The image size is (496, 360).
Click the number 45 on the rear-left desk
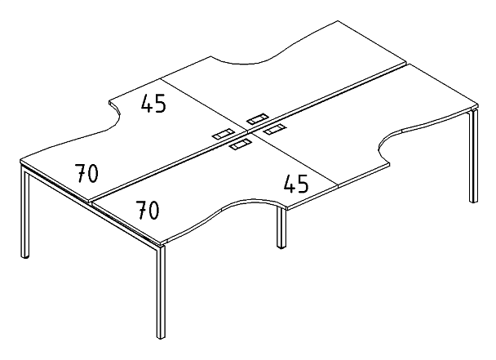coord(153,103)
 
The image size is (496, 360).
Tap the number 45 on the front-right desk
coord(296,184)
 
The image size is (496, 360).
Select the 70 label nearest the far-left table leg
coord(86,173)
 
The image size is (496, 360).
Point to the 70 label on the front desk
coord(148,210)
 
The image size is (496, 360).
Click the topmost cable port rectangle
coord(258,118)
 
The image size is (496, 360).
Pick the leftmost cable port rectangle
coord(223,134)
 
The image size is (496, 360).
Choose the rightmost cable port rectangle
coord(275,129)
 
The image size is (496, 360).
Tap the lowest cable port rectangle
coord(241,144)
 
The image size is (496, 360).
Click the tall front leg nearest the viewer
coord(161,291)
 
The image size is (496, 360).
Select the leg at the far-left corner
coord(25,211)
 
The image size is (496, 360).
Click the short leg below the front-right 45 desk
coord(281,227)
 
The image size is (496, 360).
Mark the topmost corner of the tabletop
coord(338,21)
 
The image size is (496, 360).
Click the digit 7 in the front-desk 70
coord(141,210)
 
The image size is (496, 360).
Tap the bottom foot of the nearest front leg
coord(161,337)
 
